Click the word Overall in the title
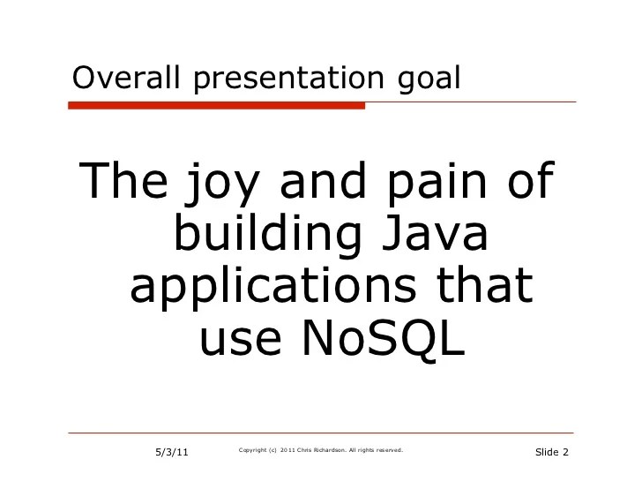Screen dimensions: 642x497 (126, 78)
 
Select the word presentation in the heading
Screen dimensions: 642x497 (288, 79)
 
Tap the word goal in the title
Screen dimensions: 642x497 (429, 79)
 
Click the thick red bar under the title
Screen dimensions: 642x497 (216, 106)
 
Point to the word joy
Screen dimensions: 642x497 (222, 184)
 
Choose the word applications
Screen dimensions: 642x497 (273, 288)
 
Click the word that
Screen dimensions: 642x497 (484, 284)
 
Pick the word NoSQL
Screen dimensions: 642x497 (384, 338)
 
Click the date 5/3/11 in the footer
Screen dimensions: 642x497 (172, 452)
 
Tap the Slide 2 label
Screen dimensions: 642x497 (552, 452)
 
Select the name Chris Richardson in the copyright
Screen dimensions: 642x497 (322, 450)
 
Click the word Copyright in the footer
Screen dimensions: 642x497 (252, 450)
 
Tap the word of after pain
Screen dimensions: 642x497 (531, 180)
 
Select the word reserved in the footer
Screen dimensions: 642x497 (390, 450)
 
